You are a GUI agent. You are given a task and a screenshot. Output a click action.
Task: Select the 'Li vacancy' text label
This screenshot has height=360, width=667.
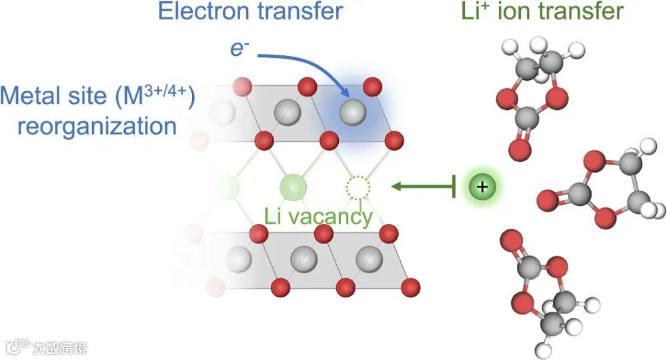(318, 216)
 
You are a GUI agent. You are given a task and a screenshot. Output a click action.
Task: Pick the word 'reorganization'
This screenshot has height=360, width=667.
(97, 126)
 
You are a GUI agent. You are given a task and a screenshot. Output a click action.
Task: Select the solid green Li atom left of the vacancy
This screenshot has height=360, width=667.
(291, 185)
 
